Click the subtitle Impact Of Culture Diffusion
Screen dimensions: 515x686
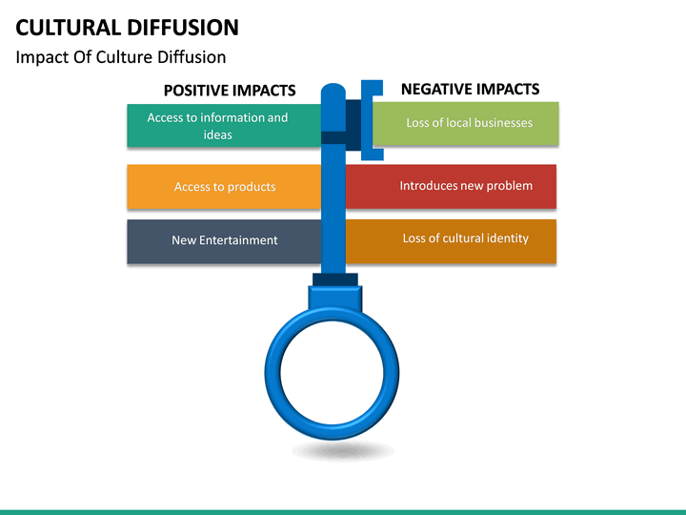[121, 57]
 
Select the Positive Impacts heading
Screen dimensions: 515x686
[230, 91]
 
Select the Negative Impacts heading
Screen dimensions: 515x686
[470, 89]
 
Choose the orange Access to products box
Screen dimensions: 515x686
[224, 187]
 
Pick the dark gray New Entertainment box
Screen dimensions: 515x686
[224, 240]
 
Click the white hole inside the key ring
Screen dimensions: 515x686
[332, 374]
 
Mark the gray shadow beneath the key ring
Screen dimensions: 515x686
[342, 451]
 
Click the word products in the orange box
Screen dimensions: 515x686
[252, 187]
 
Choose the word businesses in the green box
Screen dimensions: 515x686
[502, 123]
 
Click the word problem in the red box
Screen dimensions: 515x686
[510, 186]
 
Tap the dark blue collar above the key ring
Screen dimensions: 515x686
[334, 279]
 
